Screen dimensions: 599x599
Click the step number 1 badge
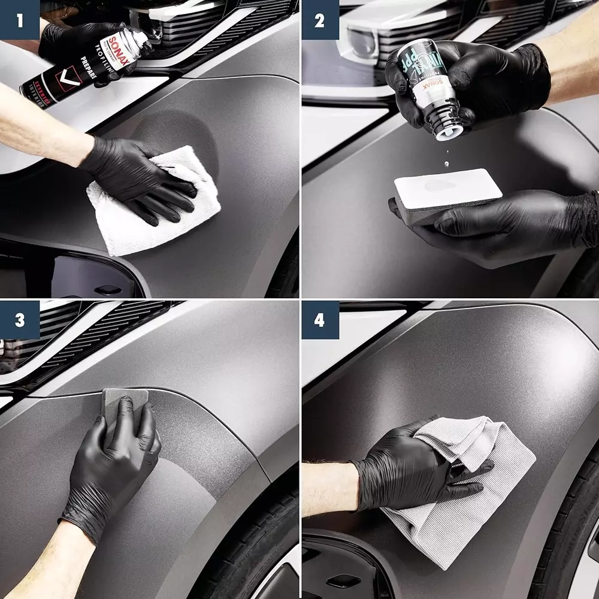[20, 20]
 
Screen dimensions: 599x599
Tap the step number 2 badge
[319, 20]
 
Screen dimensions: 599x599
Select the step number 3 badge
[20, 320]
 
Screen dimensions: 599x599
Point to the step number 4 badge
[319, 320]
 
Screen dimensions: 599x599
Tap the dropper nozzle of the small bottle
[446, 129]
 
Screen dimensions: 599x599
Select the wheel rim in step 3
[282, 575]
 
